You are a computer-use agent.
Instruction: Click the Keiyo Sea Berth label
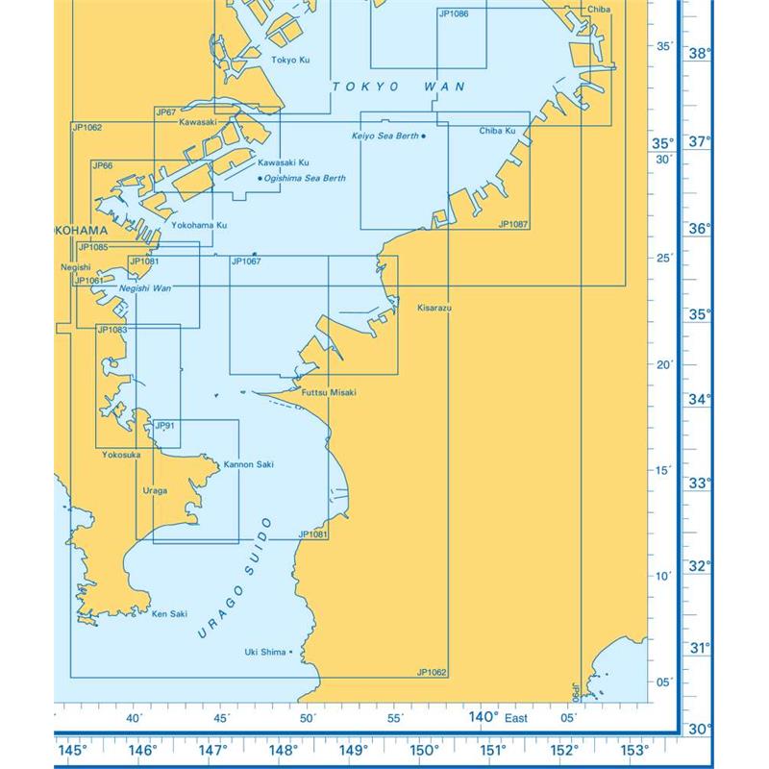384,136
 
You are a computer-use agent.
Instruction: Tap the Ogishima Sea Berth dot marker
260,178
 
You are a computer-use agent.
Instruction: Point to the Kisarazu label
434,308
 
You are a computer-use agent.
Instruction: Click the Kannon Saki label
248,464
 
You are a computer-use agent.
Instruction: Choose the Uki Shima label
266,652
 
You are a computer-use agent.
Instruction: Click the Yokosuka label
119,455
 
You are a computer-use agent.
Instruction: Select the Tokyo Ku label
290,60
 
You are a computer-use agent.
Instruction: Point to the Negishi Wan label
145,288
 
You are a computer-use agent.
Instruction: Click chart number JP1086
454,14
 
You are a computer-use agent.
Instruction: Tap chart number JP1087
513,224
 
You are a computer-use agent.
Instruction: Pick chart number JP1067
246,261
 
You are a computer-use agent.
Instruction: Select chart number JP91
164,426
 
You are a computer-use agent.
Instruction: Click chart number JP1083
112,330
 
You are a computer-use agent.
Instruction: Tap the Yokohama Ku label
198,225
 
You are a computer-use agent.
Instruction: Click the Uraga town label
155,490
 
